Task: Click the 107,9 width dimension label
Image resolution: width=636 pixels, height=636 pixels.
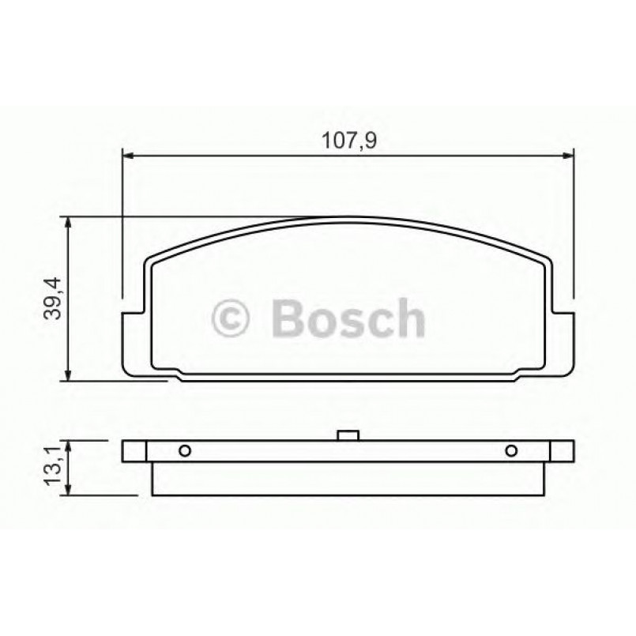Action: point(348,141)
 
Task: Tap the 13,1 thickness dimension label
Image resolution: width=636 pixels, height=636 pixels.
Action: point(55,469)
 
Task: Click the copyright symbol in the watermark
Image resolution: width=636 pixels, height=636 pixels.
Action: point(231,318)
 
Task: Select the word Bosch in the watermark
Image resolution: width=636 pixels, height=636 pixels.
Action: point(348,318)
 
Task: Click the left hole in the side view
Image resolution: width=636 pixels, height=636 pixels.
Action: point(184,451)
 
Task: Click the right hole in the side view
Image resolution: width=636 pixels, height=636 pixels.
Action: point(510,451)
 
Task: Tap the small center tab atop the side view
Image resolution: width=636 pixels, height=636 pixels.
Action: point(348,435)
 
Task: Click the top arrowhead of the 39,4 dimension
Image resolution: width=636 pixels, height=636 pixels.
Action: point(70,223)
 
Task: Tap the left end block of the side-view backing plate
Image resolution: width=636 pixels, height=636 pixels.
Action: point(134,451)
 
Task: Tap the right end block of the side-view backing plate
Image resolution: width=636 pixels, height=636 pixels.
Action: point(561,451)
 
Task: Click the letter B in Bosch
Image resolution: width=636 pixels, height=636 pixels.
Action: point(287,318)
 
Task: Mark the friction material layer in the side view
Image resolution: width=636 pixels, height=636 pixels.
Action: point(348,479)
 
